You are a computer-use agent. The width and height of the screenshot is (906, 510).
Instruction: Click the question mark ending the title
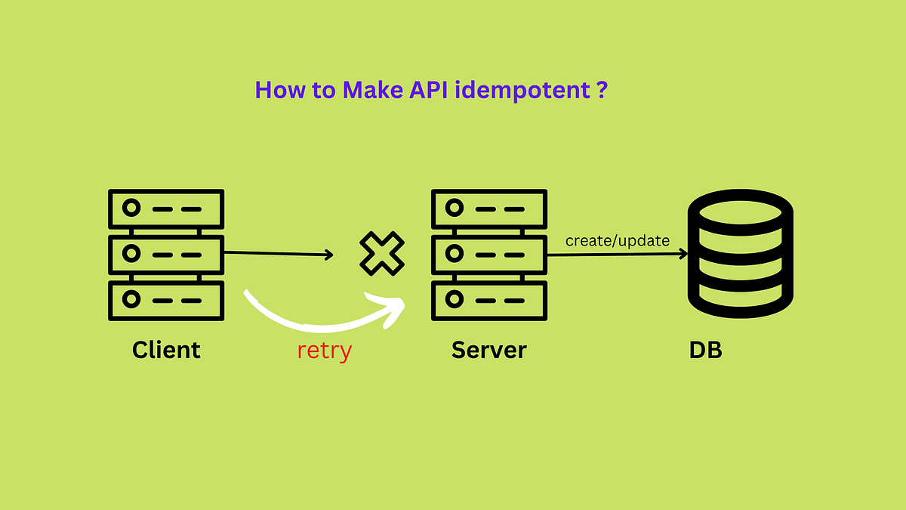602,91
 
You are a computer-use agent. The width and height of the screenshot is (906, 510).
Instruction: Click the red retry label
324,351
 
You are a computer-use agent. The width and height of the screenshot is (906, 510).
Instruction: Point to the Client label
166,350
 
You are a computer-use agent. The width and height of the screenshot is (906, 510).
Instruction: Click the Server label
488,350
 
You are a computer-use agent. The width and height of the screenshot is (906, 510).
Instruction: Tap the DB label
705,351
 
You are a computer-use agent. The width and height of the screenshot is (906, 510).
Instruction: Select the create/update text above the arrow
618,241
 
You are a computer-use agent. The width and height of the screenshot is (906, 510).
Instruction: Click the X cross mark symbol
381,254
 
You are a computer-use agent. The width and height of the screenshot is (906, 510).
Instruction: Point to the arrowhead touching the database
683,254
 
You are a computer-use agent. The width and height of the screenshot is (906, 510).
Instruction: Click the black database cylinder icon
741,254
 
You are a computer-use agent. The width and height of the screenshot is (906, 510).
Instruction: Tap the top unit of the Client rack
166,209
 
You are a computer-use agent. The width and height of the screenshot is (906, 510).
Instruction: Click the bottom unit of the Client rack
166,299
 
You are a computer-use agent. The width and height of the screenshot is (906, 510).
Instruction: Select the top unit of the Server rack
488,209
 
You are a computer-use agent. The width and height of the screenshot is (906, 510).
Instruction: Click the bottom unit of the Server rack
488,299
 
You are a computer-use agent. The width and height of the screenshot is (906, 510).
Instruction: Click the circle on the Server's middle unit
454,254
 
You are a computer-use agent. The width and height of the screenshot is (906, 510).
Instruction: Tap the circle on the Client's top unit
132,209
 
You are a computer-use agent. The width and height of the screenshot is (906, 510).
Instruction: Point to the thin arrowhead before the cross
329,255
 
